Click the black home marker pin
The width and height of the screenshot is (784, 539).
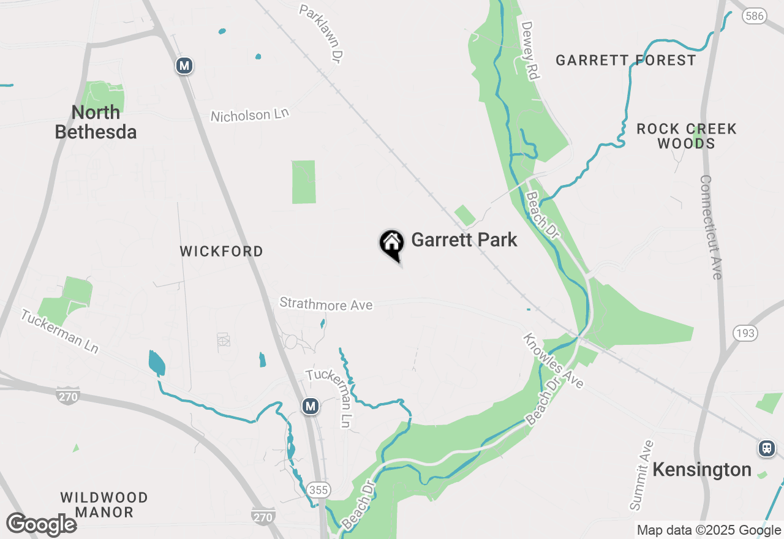point(391,244)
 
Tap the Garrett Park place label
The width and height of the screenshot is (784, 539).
point(464,239)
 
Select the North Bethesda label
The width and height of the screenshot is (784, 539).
point(96,122)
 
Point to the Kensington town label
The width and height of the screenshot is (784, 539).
point(702,470)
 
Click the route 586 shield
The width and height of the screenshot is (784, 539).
point(755,16)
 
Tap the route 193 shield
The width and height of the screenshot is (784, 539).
point(745,333)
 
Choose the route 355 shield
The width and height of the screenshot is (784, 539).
point(318,490)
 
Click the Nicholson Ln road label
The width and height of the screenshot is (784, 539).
point(249,115)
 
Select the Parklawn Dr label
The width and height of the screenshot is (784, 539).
point(320,34)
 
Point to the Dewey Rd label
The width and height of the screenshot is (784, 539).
point(529,51)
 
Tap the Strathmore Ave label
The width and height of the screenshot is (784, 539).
point(326,303)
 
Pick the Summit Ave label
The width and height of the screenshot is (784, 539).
point(642,475)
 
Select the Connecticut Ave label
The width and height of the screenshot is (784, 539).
point(711,227)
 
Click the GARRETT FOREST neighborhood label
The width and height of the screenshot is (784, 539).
point(626,60)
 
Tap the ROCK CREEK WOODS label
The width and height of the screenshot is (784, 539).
point(687,136)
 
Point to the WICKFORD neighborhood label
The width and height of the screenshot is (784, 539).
point(222,251)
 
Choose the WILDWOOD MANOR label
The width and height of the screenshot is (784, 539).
point(104,505)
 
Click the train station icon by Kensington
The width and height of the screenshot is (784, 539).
point(766,448)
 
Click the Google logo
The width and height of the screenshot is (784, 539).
point(42,525)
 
